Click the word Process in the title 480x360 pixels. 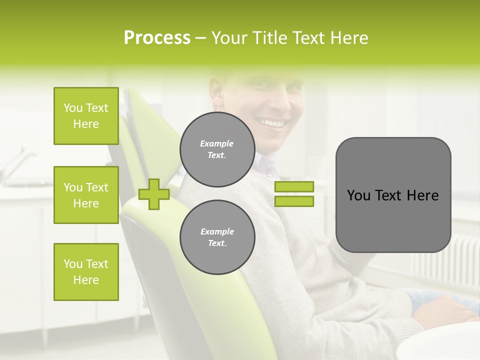pyautogui.click(x=157, y=38)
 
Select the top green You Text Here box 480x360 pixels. pyautogui.click(x=86, y=116)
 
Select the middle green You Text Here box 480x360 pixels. pyautogui.click(x=86, y=195)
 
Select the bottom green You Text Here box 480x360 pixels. pyautogui.click(x=86, y=271)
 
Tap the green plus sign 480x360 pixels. pyautogui.click(x=153, y=194)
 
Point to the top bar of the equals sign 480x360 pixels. pyautogui.click(x=294, y=186)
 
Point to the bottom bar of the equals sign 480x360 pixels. pyautogui.click(x=294, y=201)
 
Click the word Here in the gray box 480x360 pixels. pyautogui.click(x=422, y=195)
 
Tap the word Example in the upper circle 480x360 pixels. pyautogui.click(x=217, y=143)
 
